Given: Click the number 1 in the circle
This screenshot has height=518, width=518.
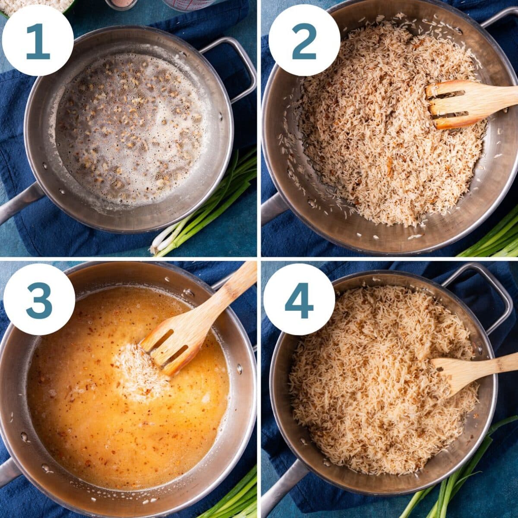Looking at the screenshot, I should click(38, 41).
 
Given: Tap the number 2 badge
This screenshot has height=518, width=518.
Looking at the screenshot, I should click(304, 41).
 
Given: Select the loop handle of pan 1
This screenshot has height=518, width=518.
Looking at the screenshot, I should click(235, 65).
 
